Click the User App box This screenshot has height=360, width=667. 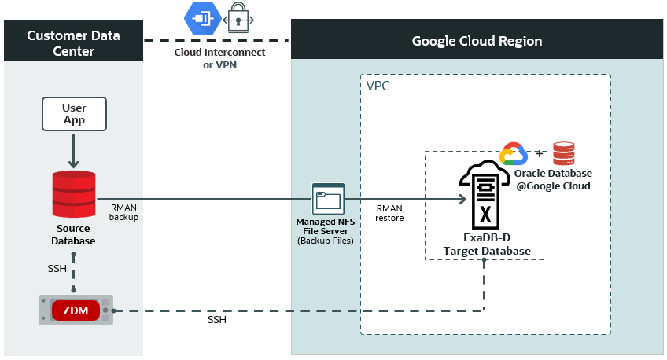coord(74,114)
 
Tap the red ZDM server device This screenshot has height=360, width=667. coord(76,310)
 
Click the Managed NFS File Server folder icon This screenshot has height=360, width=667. coord(326,200)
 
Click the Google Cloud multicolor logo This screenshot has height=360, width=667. coord(512,154)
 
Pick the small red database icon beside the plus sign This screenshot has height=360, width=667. coord(563,153)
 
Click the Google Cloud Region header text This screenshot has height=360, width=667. coord(477,41)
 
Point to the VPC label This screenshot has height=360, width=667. coord(378,86)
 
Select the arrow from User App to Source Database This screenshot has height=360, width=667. coord(73,149)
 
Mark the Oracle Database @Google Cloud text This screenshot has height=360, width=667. coord(553,179)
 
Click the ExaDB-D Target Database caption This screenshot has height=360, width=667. coord(485,244)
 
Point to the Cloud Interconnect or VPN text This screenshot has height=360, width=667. coord(219,59)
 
